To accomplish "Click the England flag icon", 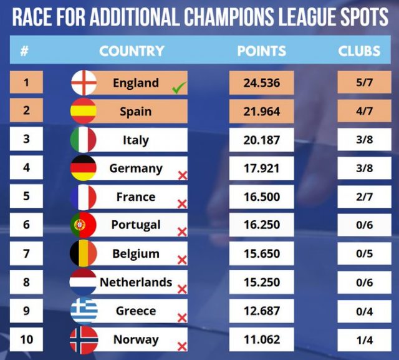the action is (x=84, y=83).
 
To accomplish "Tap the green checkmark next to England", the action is (x=179, y=87).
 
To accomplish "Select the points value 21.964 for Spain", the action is (x=262, y=112).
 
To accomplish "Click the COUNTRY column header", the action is (x=132, y=51).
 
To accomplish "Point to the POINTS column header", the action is (x=262, y=51).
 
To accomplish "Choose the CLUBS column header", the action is (x=359, y=51).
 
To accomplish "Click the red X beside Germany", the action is (x=183, y=175).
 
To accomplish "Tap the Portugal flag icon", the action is (x=84, y=225).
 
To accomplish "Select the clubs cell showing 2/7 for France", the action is (x=364, y=197).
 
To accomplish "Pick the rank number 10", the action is (x=26, y=339).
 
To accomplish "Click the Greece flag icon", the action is (x=84, y=311).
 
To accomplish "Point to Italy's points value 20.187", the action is (x=262, y=140).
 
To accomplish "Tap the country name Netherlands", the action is (x=136, y=282).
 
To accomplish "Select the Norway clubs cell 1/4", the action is (x=364, y=340).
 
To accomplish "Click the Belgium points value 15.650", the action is (x=262, y=253).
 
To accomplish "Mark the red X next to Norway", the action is (x=182, y=346).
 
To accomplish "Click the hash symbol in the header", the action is (x=24, y=51).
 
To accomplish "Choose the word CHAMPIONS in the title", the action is (x=229, y=17).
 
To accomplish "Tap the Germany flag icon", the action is (x=84, y=168).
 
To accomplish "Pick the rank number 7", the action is (x=26, y=253).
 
